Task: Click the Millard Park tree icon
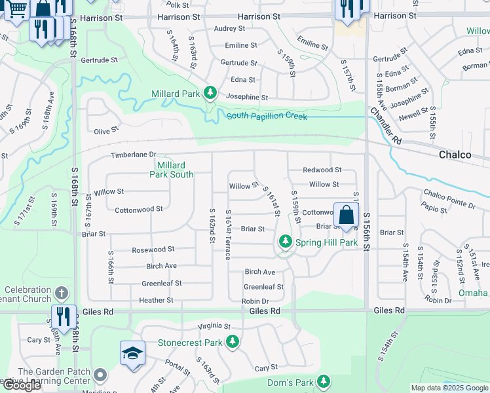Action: [x=210, y=94]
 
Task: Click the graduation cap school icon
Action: [x=132, y=354]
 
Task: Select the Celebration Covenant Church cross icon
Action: [x=62, y=293]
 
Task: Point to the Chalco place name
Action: [x=455, y=155]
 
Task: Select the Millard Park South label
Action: [x=172, y=170]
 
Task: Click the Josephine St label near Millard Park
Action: [x=247, y=97]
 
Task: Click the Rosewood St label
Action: [x=153, y=250]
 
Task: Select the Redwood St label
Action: [x=322, y=170]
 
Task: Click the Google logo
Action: [x=22, y=385]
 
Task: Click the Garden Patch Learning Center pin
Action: [x=100, y=375]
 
